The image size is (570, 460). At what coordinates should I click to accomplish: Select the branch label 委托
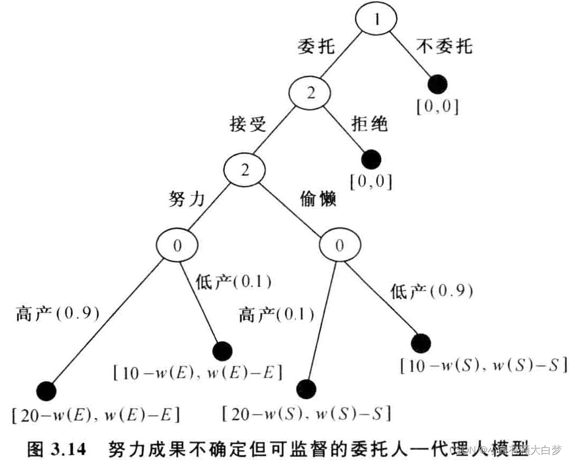pyautogui.click(x=316, y=46)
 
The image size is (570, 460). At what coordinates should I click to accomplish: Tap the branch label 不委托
pyautogui.click(x=444, y=46)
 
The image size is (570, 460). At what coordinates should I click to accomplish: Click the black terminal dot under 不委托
pyautogui.click(x=437, y=85)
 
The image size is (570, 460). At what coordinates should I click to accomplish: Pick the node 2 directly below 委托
pyautogui.click(x=310, y=94)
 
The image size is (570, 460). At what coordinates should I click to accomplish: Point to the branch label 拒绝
pyautogui.click(x=369, y=125)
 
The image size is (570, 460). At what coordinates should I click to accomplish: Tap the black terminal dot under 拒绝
pyautogui.click(x=370, y=159)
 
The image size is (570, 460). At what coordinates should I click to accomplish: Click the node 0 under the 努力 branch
pyautogui.click(x=178, y=245)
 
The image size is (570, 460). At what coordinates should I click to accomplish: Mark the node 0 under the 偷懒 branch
pyautogui.click(x=340, y=245)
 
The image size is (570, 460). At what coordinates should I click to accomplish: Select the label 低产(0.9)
pyautogui.click(x=432, y=291)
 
